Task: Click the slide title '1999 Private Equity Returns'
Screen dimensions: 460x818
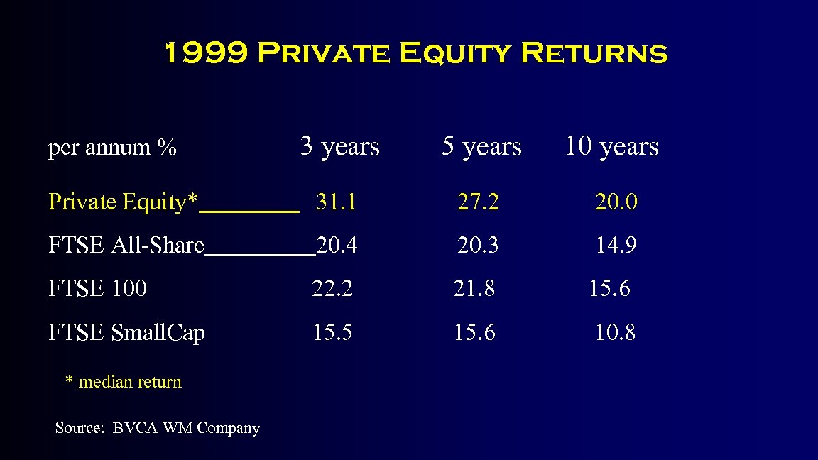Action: pyautogui.click(x=415, y=54)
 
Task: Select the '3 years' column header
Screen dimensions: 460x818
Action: pyautogui.click(x=340, y=146)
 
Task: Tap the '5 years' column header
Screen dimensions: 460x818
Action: pyautogui.click(x=481, y=146)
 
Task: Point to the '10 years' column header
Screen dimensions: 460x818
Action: pyautogui.click(x=611, y=146)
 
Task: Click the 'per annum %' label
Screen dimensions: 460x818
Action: pyautogui.click(x=112, y=148)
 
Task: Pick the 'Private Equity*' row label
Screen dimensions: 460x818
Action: pyautogui.click(x=123, y=202)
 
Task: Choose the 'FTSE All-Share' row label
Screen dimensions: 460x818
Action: pyautogui.click(x=126, y=246)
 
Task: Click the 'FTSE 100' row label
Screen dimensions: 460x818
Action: pyautogui.click(x=98, y=289)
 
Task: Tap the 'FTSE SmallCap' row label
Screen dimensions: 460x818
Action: pyautogui.click(x=126, y=332)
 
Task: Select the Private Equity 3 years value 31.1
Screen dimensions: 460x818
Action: pyautogui.click(x=336, y=203)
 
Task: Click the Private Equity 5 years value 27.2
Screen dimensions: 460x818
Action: pyautogui.click(x=478, y=203)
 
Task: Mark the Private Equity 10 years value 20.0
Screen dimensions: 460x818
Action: pyautogui.click(x=616, y=203)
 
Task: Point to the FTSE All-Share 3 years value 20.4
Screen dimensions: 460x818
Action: pyautogui.click(x=337, y=246)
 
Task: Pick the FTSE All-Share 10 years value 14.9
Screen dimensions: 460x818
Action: pyautogui.click(x=616, y=246)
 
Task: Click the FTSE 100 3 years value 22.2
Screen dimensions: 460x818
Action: pyautogui.click(x=332, y=289)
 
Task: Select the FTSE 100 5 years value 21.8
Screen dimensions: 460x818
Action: pyautogui.click(x=474, y=289)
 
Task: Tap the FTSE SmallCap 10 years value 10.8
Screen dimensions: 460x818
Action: pyautogui.click(x=615, y=332)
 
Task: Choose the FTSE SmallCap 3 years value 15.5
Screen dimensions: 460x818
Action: pyautogui.click(x=332, y=332)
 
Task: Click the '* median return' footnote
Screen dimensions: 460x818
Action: pyautogui.click(x=124, y=382)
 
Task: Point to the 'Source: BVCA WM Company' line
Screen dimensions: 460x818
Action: pyautogui.click(x=158, y=428)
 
